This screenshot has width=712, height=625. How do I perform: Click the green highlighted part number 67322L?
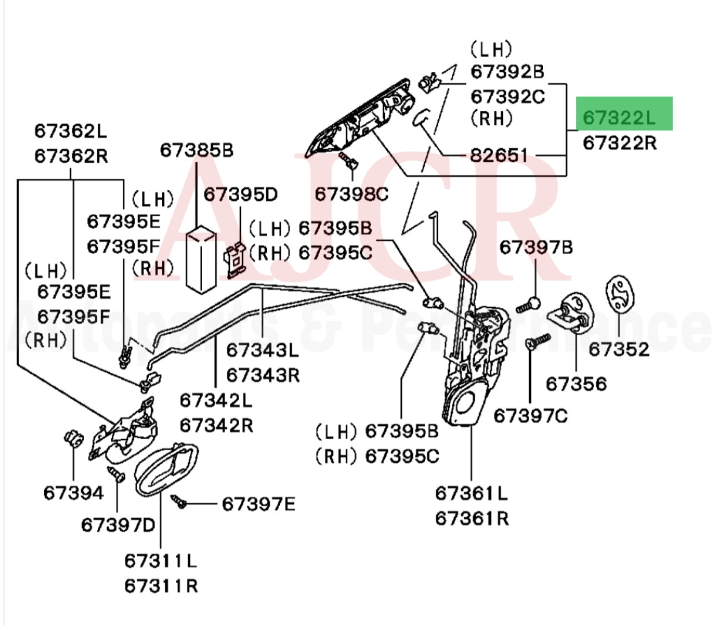tap(619, 117)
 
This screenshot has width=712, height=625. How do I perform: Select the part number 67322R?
tap(619, 142)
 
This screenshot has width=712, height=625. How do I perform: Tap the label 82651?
tap(499, 155)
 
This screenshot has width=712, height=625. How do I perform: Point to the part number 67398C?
tap(351, 194)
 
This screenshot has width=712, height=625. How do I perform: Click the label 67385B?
tap(196, 150)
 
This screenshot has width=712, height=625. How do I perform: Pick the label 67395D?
tap(241, 194)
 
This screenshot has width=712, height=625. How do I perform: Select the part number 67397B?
tap(536, 248)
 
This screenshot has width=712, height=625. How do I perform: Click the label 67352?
tap(619, 349)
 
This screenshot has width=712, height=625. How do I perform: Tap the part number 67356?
tap(577, 384)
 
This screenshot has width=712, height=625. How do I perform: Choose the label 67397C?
tap(530, 416)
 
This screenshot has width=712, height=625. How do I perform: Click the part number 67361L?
tap(471, 493)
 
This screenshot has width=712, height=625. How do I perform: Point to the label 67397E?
tap(258, 505)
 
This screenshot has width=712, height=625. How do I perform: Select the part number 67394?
tap(74, 493)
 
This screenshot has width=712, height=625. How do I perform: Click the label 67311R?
tap(161, 586)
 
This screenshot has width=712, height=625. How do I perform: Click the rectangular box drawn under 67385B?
tap(201, 259)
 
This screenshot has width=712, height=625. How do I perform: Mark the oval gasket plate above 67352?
tap(619, 298)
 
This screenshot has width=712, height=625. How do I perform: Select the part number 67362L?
tap(71, 131)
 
